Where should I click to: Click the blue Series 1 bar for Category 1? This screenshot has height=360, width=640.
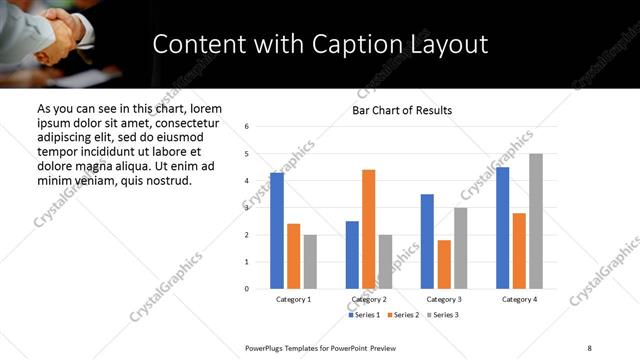click(277, 231)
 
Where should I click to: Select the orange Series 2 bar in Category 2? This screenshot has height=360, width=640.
click(368, 229)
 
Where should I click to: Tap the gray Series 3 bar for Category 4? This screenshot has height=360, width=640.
click(536, 221)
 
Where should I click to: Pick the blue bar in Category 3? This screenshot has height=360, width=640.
click(427, 241)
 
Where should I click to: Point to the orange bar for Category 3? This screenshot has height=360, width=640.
click(444, 264)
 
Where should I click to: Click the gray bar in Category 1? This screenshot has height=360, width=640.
click(310, 262)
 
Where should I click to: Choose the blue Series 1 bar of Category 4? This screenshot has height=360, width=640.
click(503, 228)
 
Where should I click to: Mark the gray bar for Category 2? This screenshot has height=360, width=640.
click(386, 262)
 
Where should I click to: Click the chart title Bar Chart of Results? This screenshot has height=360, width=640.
click(402, 110)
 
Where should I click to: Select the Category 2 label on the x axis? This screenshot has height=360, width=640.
click(369, 299)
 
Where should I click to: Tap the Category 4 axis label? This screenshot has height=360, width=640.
click(519, 299)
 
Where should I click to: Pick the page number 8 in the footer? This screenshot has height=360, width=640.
click(590, 346)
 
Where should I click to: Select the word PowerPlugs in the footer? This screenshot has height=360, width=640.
click(267, 346)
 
